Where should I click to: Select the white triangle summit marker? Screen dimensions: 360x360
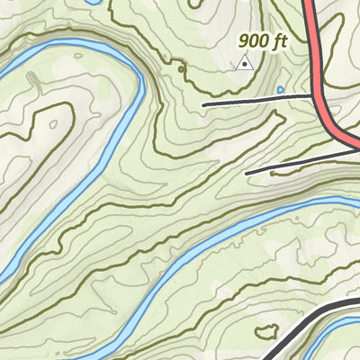click(x=243, y=63)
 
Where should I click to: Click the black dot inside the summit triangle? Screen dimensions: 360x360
click(x=243, y=64)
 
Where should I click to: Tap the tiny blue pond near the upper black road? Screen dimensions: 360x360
click(x=281, y=89)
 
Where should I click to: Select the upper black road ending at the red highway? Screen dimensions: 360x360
click(x=261, y=100)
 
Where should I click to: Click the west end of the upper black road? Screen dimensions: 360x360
click(x=204, y=105)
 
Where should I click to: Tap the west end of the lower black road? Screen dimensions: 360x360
click(x=247, y=172)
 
